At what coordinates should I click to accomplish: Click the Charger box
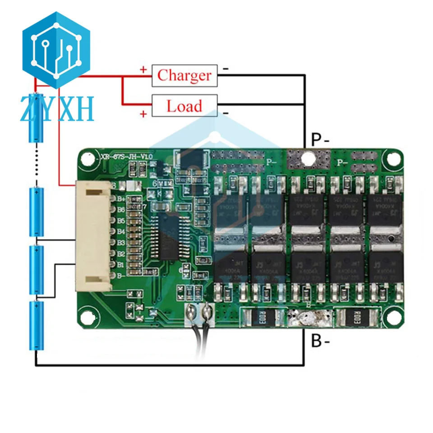point(184,75)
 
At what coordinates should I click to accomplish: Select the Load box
point(184,106)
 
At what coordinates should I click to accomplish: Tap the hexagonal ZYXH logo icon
point(57,50)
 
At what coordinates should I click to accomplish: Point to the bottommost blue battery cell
point(36,325)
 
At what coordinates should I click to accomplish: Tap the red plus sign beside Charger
point(143,70)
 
